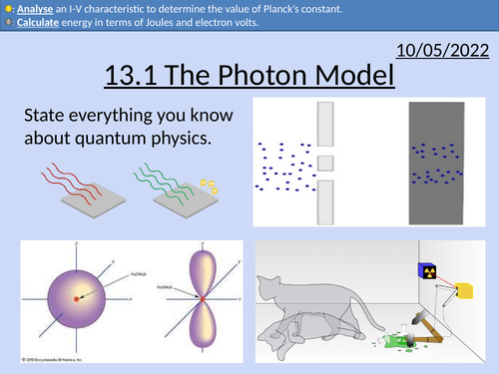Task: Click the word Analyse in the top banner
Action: pyautogui.click(x=30, y=9)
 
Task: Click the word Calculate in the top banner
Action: pyautogui.click(x=34, y=23)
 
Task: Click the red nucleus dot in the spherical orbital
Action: pyautogui.click(x=76, y=298)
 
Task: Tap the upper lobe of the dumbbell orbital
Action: pyautogui.click(x=201, y=269)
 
